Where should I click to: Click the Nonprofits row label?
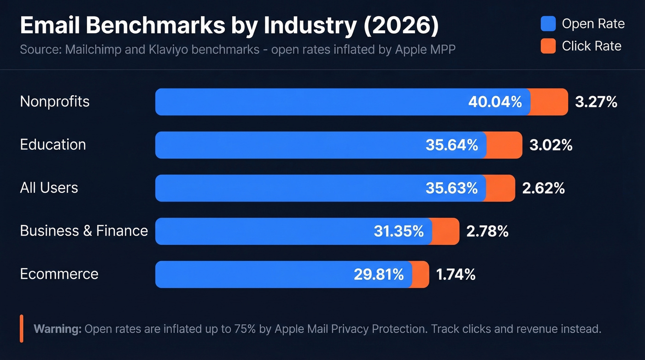[x=55, y=101]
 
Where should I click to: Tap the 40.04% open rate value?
[x=495, y=102]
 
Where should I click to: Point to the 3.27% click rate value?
[x=596, y=102]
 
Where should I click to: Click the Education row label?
[x=53, y=145]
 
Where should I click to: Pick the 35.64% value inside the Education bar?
[x=451, y=145]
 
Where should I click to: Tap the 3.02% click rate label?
[x=551, y=145]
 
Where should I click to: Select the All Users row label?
[x=49, y=188]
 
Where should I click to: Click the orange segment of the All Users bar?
[x=500, y=188]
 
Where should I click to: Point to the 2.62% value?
[x=543, y=188]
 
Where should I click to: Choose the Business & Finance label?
[x=84, y=231]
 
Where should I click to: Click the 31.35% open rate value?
[x=399, y=231]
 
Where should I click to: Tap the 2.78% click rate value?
[x=487, y=231]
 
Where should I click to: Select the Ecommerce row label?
[x=59, y=274]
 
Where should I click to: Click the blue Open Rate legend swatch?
[x=548, y=24]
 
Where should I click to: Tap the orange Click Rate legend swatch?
[x=548, y=46]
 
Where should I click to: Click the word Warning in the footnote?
[x=58, y=329]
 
